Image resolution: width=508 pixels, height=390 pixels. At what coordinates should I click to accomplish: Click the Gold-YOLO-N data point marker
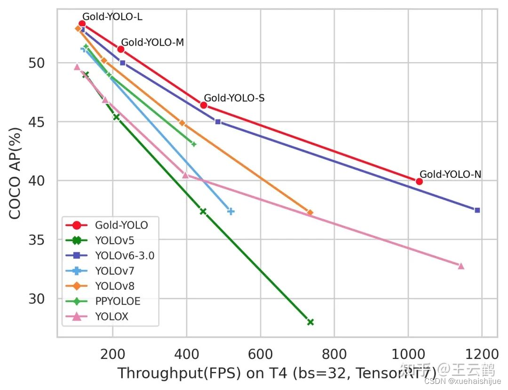pos(419,181)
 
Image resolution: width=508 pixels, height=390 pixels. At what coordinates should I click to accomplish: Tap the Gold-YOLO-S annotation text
pos(234,98)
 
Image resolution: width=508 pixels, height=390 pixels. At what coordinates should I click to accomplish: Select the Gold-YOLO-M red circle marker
pos(120,49)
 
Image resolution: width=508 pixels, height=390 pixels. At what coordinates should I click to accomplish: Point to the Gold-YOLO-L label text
pos(112,17)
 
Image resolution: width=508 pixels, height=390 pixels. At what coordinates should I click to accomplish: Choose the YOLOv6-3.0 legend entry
pos(124,256)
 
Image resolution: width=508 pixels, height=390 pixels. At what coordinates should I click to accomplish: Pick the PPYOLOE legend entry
pos(118,302)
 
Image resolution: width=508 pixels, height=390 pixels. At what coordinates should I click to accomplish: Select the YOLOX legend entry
pos(111,317)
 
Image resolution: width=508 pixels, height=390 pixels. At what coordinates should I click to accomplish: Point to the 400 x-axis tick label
pos(187,353)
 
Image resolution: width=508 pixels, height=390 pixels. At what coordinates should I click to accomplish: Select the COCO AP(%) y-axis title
pos(16,172)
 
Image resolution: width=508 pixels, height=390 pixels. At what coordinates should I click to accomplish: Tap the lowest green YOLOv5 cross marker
pos(310,322)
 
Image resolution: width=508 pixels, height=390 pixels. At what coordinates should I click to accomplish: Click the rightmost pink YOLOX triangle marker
pos(461,266)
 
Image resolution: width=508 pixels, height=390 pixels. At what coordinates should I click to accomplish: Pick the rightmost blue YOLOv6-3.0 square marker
pos(477,210)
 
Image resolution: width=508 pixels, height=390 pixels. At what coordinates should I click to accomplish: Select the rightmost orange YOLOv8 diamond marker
pos(310,213)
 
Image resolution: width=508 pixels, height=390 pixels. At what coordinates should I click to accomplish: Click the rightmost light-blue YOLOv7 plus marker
pos(230,211)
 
